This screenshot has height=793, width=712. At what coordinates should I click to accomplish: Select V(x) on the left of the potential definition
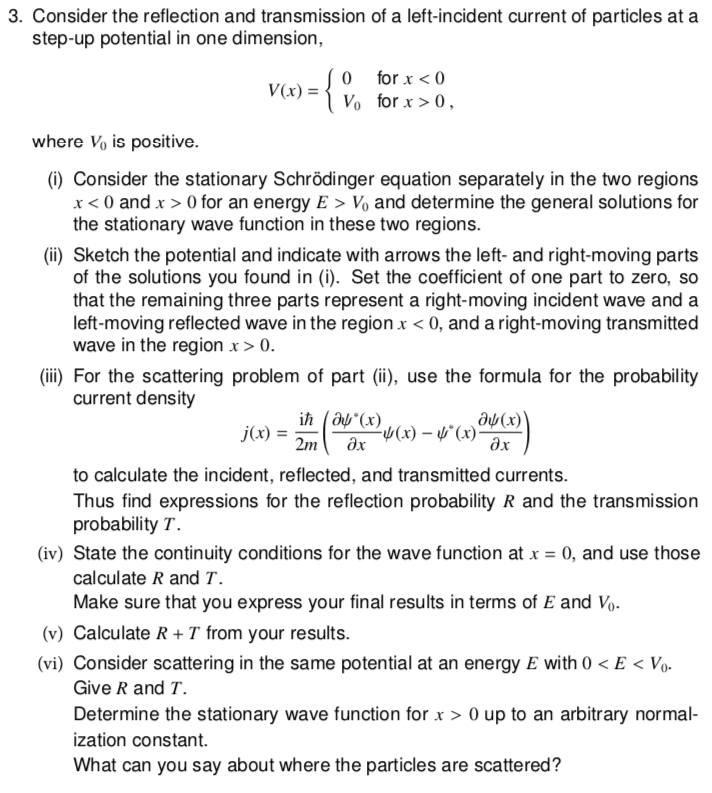click(x=289, y=90)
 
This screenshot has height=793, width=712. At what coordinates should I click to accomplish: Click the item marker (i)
click(x=56, y=179)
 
